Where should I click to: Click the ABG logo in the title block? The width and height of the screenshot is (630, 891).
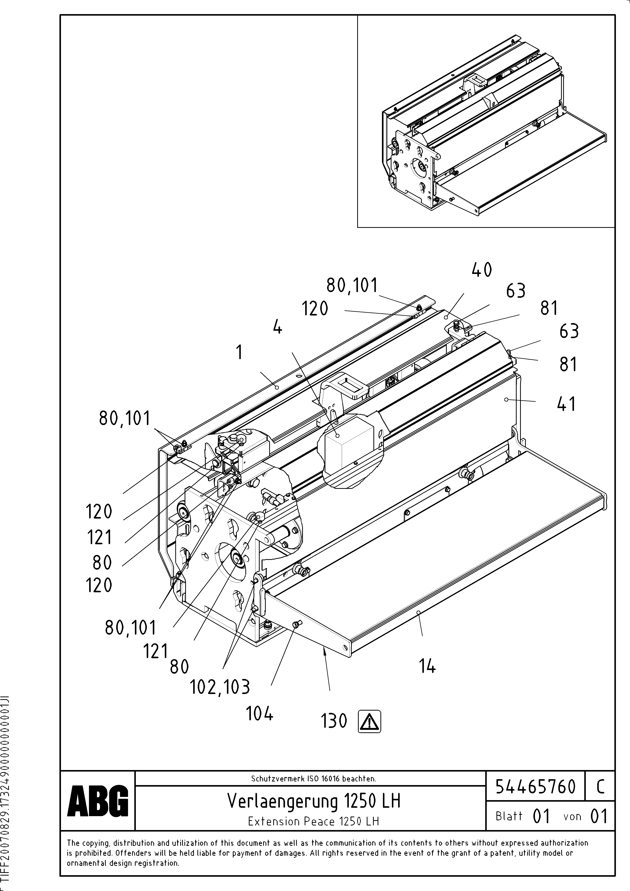click(x=98, y=801)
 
